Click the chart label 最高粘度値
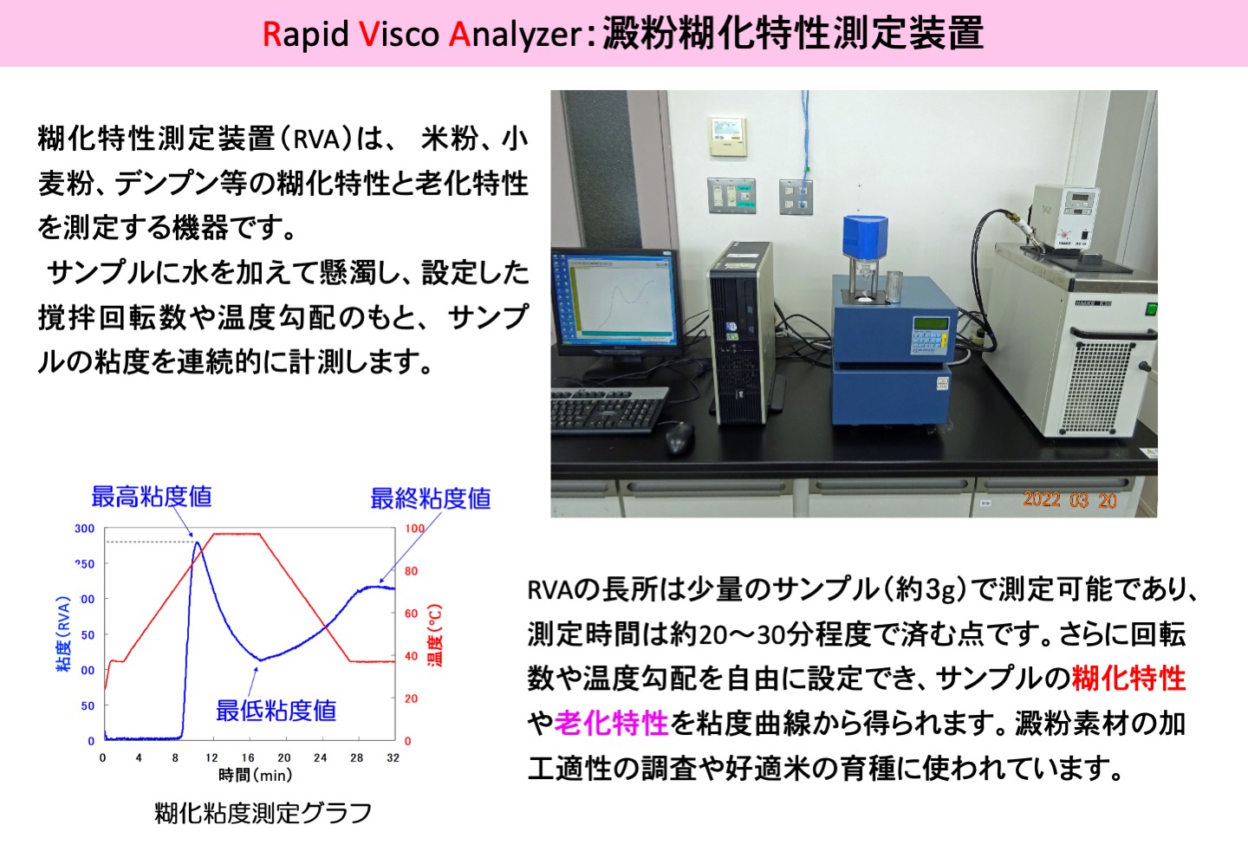[x=152, y=497]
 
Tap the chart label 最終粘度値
[x=431, y=498]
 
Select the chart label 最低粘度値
[x=276, y=711]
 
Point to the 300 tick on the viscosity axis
[x=85, y=528]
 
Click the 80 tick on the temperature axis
[x=411, y=571]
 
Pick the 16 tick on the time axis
[x=248, y=757]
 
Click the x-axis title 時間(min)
[x=256, y=775]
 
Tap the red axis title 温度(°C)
[x=434, y=634]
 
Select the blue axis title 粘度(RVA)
[x=63, y=633]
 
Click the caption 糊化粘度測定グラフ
[x=263, y=814]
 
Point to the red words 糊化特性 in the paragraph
[x=1128, y=679]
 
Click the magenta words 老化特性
[x=611, y=723]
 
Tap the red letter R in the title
[x=271, y=34]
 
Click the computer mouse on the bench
[x=679, y=437]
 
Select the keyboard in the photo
[x=608, y=409]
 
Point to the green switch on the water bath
[x=1151, y=309]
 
